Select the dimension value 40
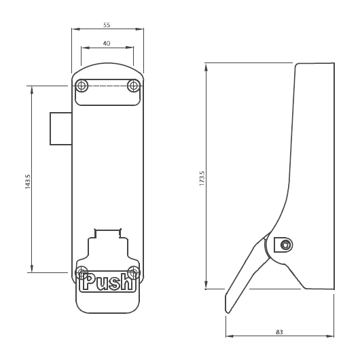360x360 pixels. [x=107, y=42]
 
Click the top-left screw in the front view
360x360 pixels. [x=82, y=86]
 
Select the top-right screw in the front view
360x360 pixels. [x=134, y=86]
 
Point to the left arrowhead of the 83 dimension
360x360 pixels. [x=228, y=336]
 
